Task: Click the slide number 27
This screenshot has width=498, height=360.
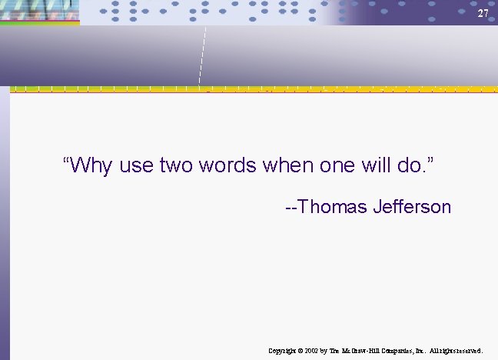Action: click(482, 14)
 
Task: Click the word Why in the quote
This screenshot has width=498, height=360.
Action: click(92, 165)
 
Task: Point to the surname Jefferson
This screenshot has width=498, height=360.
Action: click(411, 207)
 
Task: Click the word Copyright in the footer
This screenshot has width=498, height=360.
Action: click(282, 350)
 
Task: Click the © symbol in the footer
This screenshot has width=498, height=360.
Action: click(300, 350)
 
